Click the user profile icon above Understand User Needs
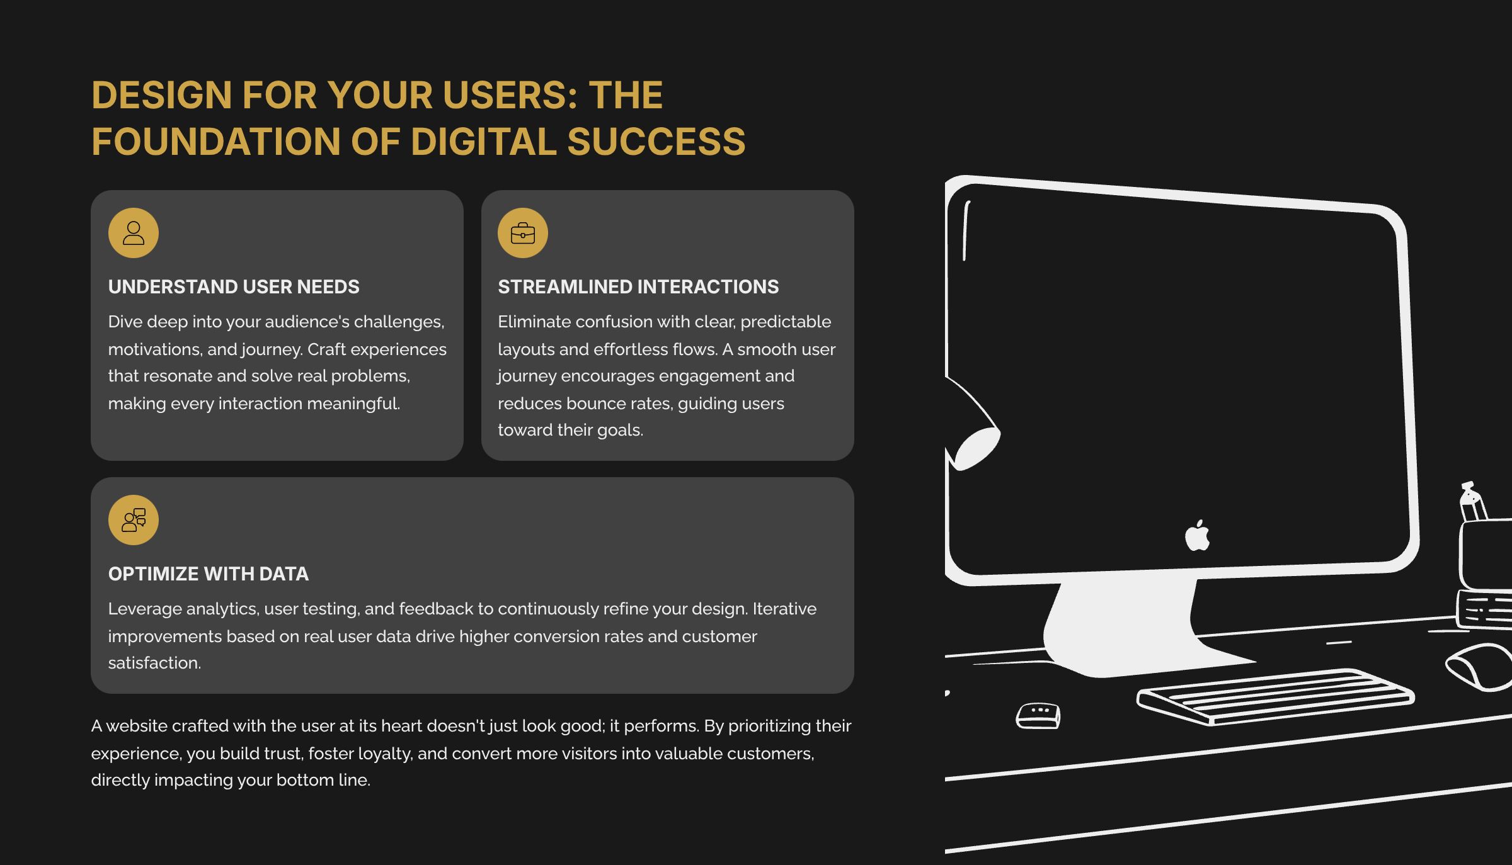[x=133, y=233]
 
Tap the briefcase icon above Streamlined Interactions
[x=522, y=233]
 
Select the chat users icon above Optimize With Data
[x=133, y=520]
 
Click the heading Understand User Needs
[x=234, y=287]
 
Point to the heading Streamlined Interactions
[x=638, y=287]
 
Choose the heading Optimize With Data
[x=209, y=574]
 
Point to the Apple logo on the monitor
[x=1197, y=536]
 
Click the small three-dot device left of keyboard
[x=1038, y=716]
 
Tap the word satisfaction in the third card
[x=154, y=663]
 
